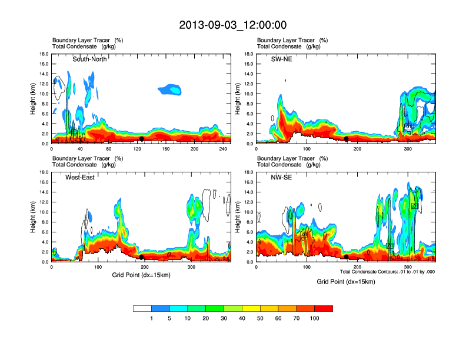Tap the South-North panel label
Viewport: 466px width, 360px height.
coord(90,59)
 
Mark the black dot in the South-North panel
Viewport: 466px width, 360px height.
coord(142,139)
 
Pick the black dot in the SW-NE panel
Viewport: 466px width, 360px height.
coord(347,139)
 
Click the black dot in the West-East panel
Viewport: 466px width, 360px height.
coord(142,256)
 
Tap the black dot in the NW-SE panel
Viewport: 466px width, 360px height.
coord(347,256)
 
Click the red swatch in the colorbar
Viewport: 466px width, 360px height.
coord(324,308)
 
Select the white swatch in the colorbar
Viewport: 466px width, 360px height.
coord(142,308)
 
